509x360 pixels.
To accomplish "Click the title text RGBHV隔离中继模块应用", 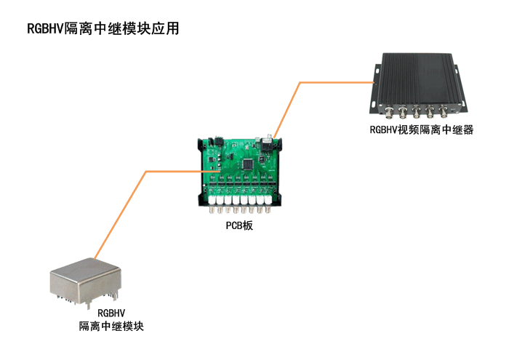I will point(103,29).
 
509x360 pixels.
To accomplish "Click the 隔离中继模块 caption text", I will point(111,327).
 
